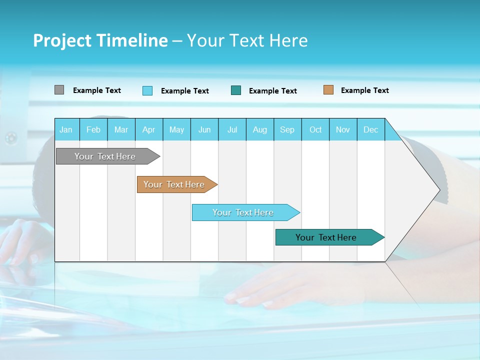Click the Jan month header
pos(66,130)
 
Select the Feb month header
pos(93,130)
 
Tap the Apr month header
pos(149,130)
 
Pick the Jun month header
pos(204,130)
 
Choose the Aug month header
pos(260,130)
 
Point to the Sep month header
pos(287,130)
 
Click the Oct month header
pos(315,130)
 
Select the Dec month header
pos(371,130)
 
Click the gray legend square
pos(59,90)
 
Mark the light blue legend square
pos(147,90)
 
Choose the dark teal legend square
pos(236,90)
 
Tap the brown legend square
pos(328,90)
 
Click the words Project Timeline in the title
pos(100,40)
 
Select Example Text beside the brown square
pos(364,90)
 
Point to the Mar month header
pos(121,130)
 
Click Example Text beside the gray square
pos(97,90)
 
